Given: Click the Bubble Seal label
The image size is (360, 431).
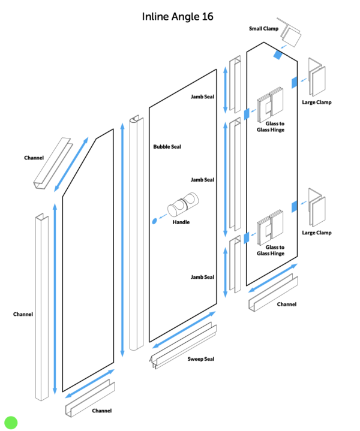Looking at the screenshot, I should pos(167,146).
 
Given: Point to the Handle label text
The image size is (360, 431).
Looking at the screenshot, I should pos(181,222).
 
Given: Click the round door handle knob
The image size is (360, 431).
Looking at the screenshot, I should pos(182,206).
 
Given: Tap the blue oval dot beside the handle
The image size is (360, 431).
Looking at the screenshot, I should pos(155,221).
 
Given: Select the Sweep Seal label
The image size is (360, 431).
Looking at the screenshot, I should pos(200,359).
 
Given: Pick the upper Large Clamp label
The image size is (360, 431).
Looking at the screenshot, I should pos(317,102).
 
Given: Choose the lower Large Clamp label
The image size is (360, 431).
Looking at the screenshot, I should pos(317,233).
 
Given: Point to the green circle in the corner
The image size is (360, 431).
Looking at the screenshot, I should pos(11,422).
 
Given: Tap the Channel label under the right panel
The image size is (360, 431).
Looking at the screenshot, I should pos(286,305).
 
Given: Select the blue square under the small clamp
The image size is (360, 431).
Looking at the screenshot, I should pos(277,55).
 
